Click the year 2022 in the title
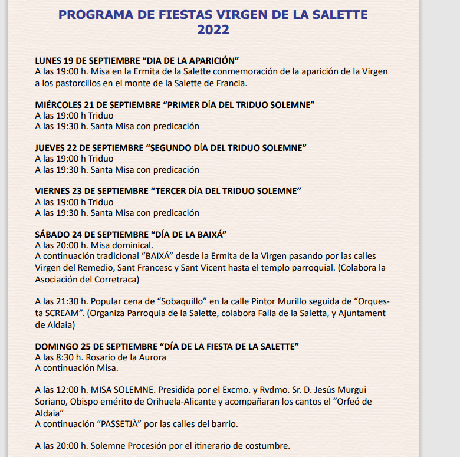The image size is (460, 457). pos(213,30)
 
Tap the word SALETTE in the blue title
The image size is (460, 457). pos(334,14)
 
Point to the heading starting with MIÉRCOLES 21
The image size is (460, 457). pos(175,105)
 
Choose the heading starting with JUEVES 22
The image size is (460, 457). pos(171,148)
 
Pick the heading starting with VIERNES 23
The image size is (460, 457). pos(168,191)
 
